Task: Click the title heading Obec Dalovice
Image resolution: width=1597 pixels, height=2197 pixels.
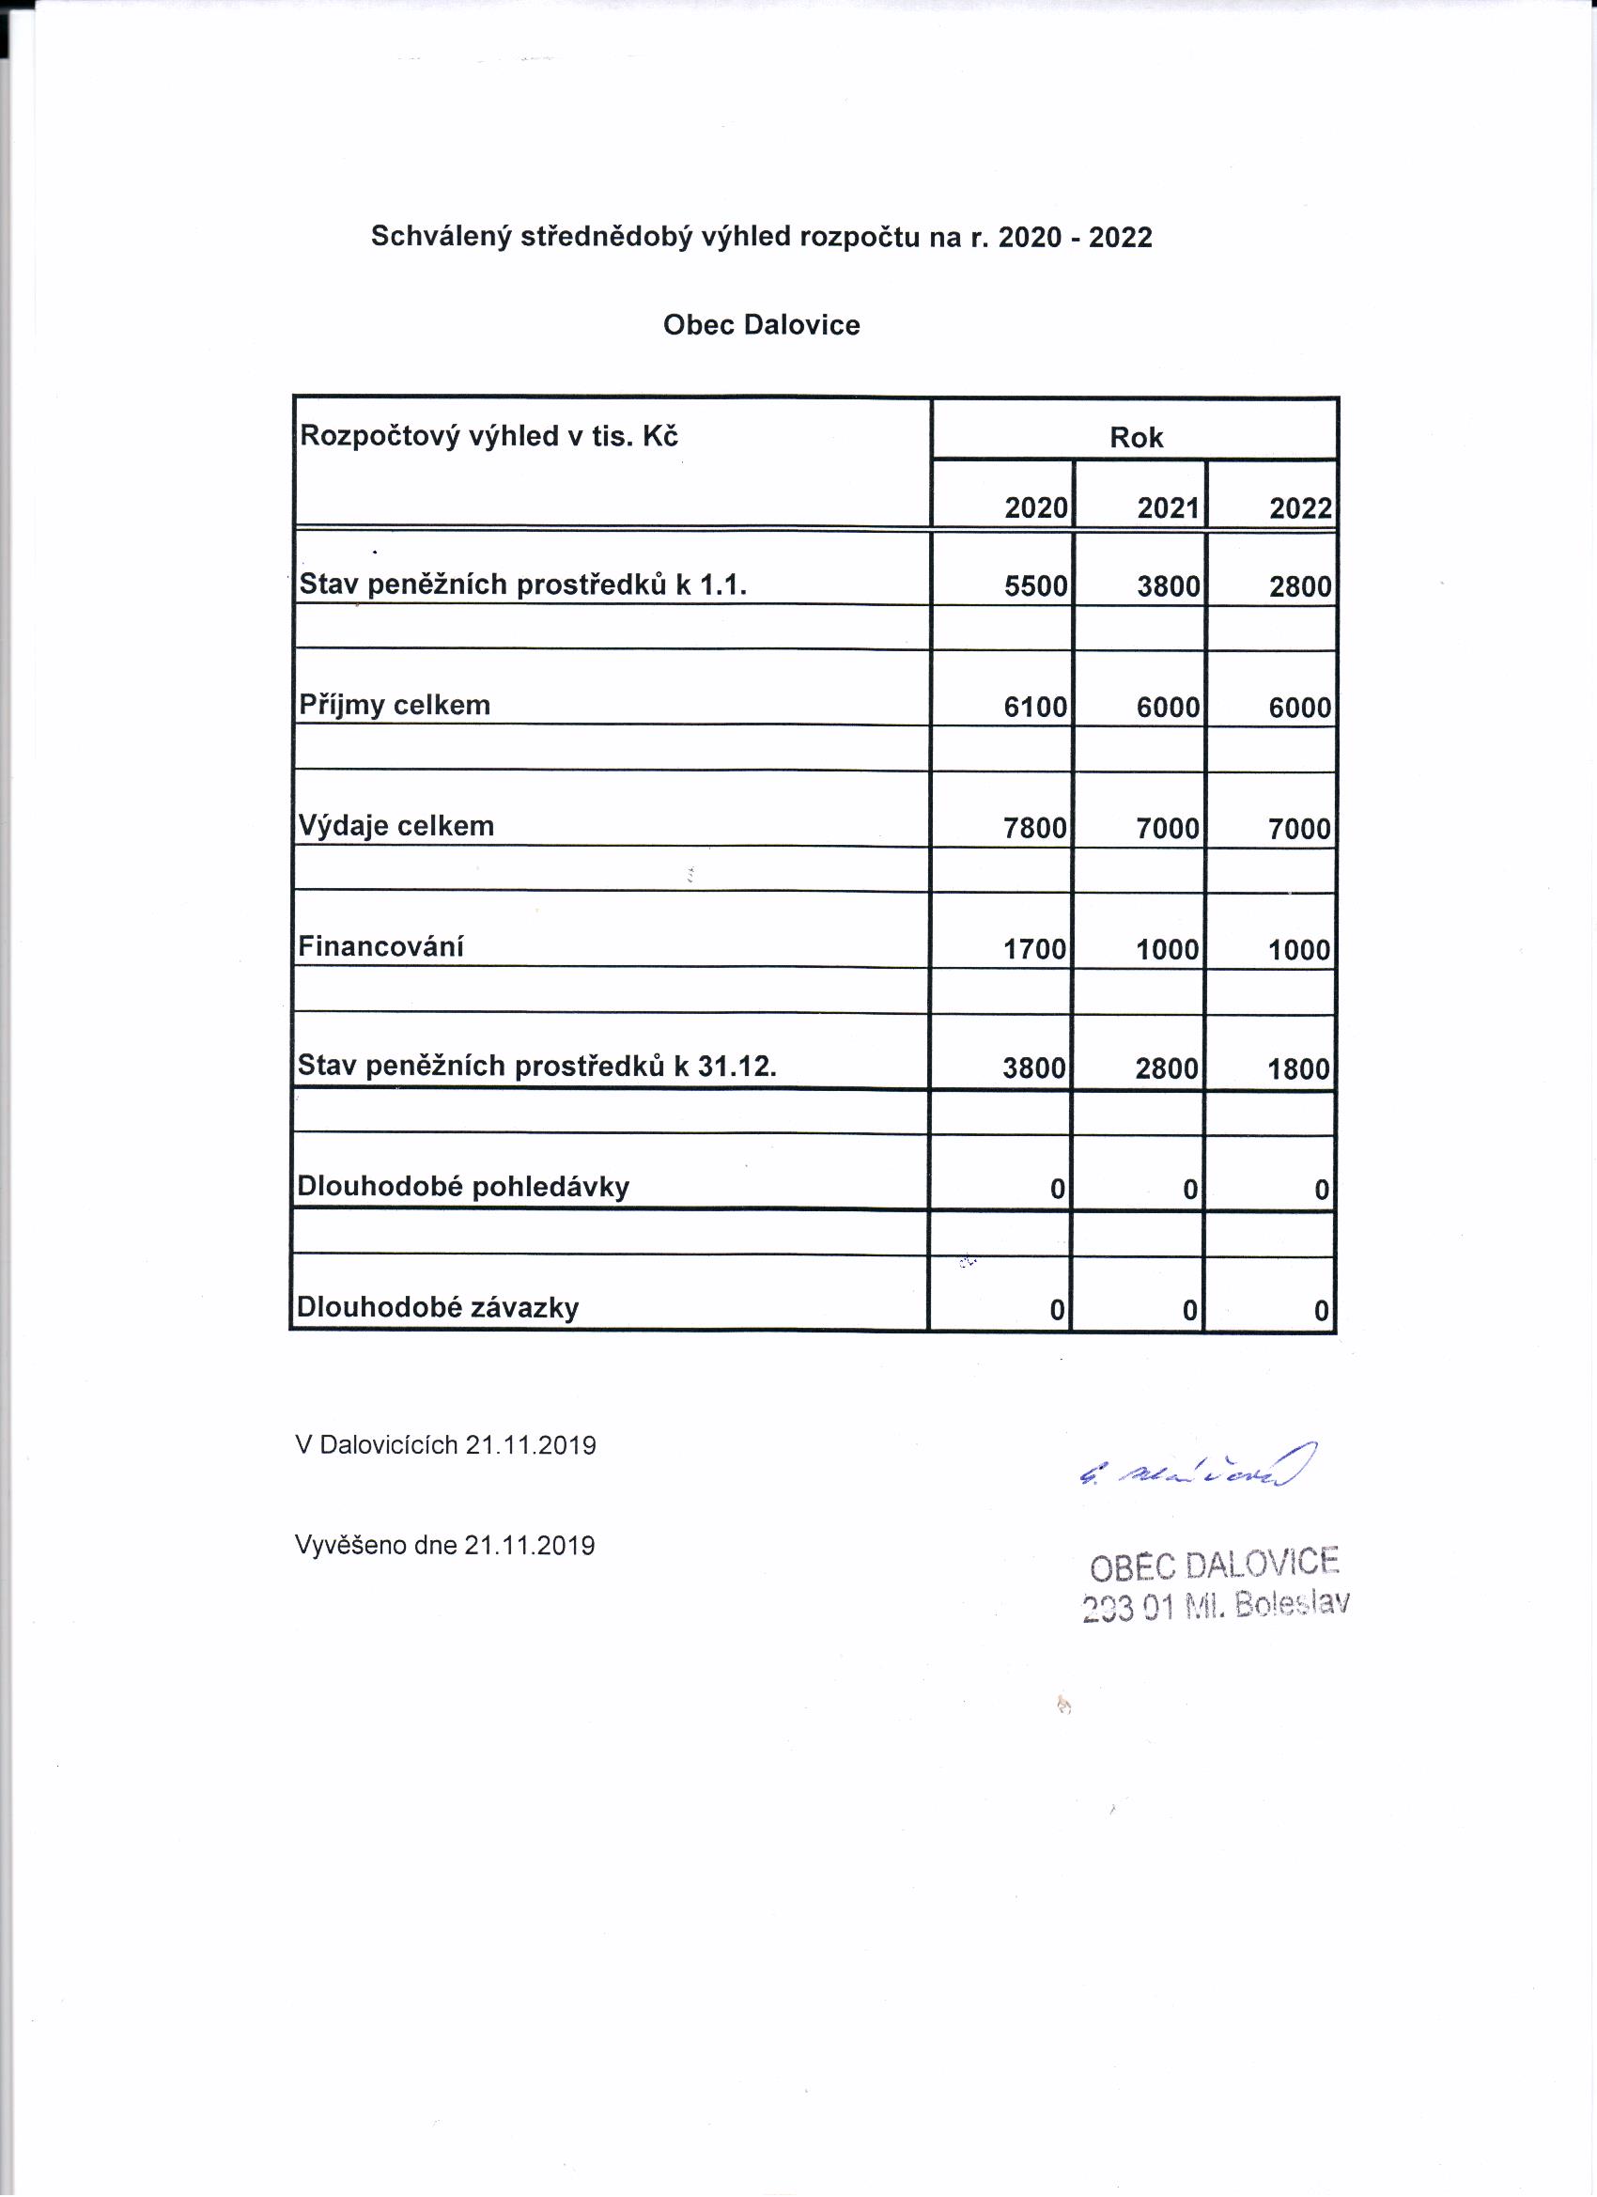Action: (761, 324)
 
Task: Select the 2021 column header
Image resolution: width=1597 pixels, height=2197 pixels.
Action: (1168, 508)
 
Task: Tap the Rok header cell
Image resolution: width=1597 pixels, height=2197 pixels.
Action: (1136, 438)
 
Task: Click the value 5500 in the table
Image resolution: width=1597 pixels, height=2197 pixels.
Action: (1035, 586)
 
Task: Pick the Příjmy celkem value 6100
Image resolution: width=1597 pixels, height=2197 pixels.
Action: (1035, 708)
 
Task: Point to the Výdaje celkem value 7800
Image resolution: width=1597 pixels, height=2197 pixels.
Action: (1034, 828)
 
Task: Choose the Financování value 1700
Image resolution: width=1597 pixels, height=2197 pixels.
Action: (1034, 949)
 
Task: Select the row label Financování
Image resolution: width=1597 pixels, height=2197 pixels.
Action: (380, 946)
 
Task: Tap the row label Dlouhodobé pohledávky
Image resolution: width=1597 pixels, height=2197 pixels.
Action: (463, 1187)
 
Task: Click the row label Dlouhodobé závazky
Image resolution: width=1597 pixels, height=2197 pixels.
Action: (438, 1308)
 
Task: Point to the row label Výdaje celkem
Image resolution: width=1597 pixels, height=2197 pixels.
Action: (396, 825)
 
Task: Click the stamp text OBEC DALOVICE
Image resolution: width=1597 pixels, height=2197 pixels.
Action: (1215, 1565)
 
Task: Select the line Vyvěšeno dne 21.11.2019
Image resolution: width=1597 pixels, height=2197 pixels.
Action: (444, 1545)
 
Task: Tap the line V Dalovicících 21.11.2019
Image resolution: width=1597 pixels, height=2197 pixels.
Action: (445, 1445)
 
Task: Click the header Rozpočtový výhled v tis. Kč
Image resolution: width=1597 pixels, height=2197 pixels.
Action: (489, 436)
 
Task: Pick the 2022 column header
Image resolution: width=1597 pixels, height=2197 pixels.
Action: (1300, 508)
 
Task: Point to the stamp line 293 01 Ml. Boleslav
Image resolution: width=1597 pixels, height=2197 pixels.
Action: (1216, 1607)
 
